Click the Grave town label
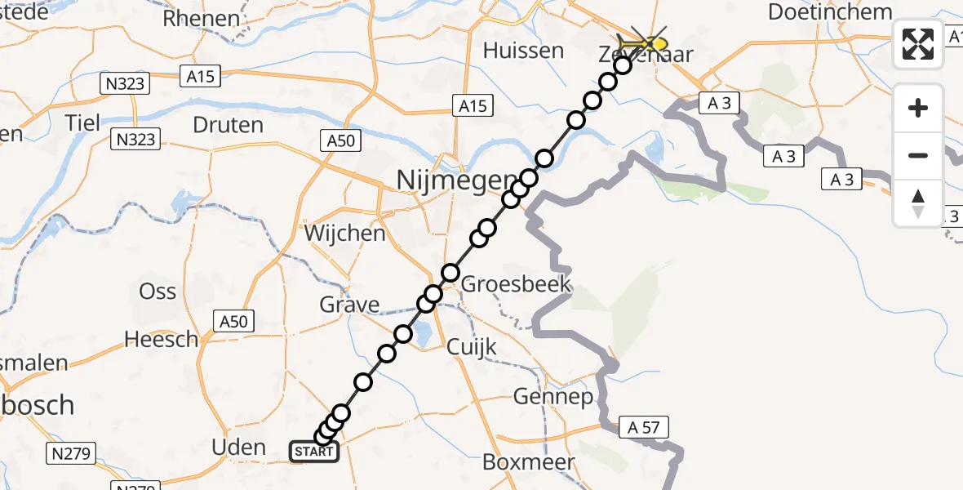(349, 305)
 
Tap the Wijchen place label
(344, 234)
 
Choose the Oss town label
(158, 291)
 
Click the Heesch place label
(162, 339)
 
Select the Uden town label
(238, 447)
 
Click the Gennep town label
(553, 398)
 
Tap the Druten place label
(228, 126)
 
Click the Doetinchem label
(830, 12)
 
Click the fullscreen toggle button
(918, 44)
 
